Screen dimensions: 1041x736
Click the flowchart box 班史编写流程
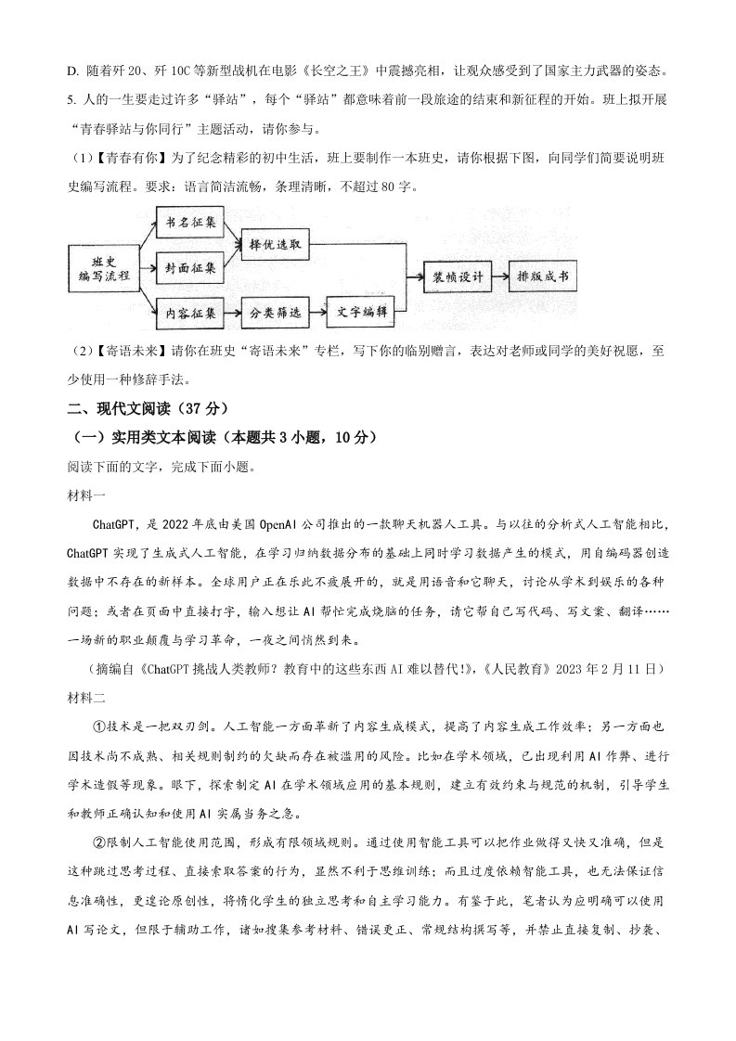point(104,268)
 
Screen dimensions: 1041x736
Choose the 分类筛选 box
point(275,313)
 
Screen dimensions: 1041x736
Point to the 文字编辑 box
point(362,313)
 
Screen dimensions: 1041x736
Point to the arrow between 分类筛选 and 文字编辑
point(317,313)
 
